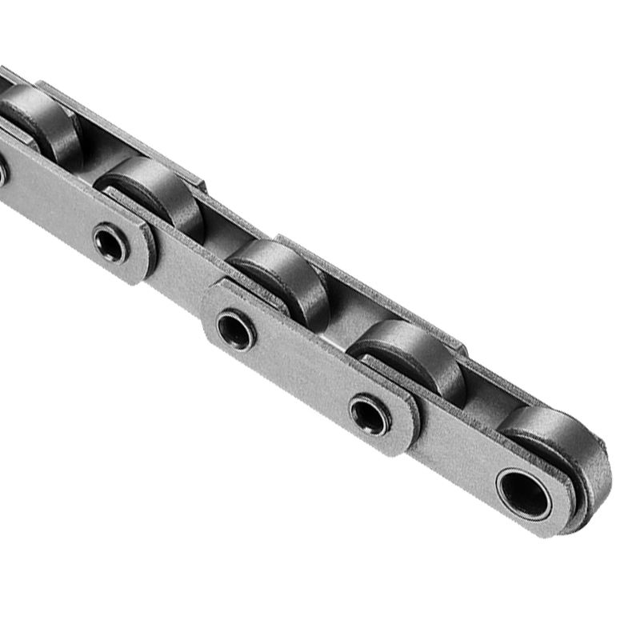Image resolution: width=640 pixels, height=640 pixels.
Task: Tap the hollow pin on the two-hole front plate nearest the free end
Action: [x=370, y=416]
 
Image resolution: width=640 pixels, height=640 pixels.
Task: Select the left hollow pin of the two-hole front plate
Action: [x=236, y=329]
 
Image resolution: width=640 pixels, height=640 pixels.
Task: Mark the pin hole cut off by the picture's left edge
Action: [x=2, y=172]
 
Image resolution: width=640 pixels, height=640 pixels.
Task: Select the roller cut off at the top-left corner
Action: [x=40, y=120]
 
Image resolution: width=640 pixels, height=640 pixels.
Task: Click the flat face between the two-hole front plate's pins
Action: [x=304, y=372]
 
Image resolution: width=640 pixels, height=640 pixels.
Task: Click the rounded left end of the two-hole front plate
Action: [x=212, y=316]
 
